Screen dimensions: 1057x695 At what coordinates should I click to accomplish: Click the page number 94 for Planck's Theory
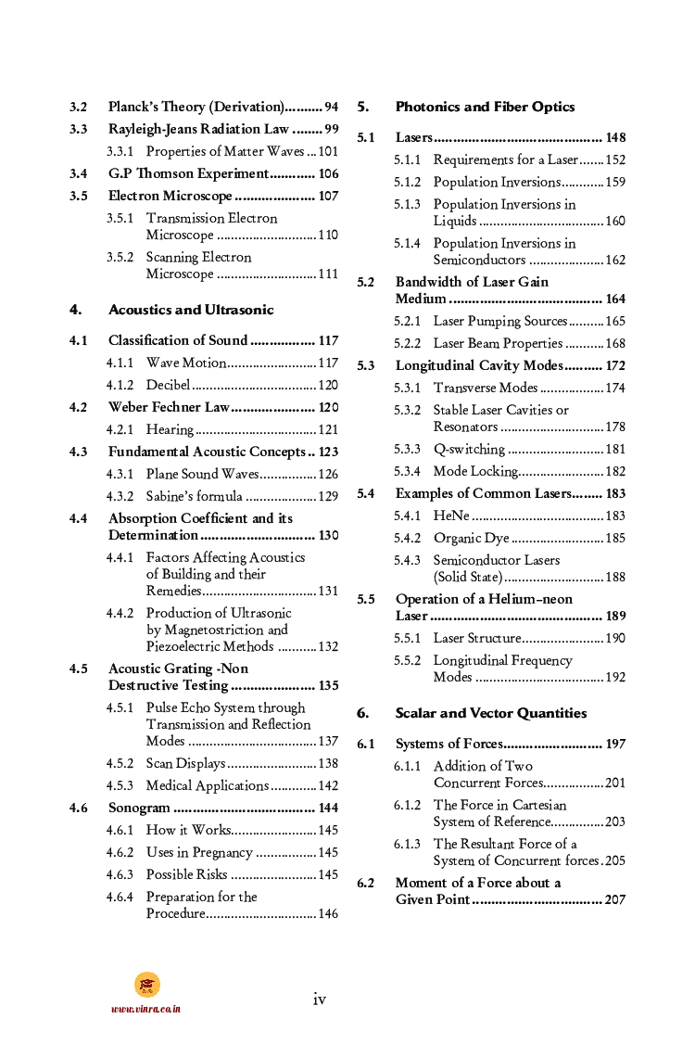click(331, 107)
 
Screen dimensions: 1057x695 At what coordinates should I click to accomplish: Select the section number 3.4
click(79, 173)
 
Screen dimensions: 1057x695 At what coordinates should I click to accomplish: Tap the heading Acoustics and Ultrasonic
click(191, 310)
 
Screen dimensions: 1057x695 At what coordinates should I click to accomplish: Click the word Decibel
click(168, 385)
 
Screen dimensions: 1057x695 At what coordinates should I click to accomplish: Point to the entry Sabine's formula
click(195, 496)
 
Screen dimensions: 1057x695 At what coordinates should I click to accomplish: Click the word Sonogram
click(139, 808)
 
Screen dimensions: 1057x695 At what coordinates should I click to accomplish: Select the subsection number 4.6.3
click(120, 874)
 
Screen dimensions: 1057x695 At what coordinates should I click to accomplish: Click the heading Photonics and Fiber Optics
click(485, 107)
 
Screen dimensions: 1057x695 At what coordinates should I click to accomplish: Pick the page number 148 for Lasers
click(615, 137)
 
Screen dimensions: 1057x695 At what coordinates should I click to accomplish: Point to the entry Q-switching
click(469, 449)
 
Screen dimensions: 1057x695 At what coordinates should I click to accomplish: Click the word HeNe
click(451, 516)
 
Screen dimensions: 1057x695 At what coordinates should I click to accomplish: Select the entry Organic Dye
click(470, 538)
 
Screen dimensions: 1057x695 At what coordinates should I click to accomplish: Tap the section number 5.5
click(366, 599)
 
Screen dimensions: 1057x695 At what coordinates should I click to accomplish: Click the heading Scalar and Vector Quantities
click(490, 713)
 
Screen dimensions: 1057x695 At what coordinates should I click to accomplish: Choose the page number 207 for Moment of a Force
click(614, 899)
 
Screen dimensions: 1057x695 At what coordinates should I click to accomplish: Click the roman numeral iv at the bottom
click(319, 999)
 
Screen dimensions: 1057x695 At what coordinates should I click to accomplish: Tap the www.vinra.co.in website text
click(145, 1009)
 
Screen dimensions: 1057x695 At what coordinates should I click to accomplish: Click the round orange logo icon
click(146, 985)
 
